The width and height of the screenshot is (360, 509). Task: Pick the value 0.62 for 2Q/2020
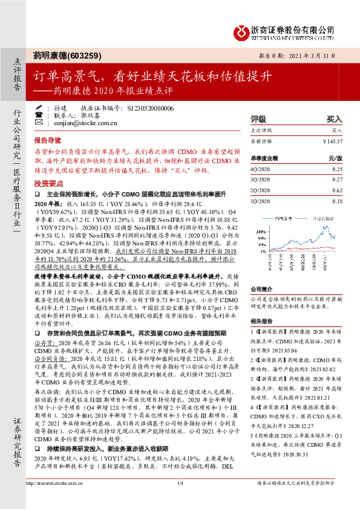(x=337, y=190)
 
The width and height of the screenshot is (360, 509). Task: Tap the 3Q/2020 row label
(x=261, y=180)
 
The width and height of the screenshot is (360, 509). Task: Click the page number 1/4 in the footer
(x=180, y=499)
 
